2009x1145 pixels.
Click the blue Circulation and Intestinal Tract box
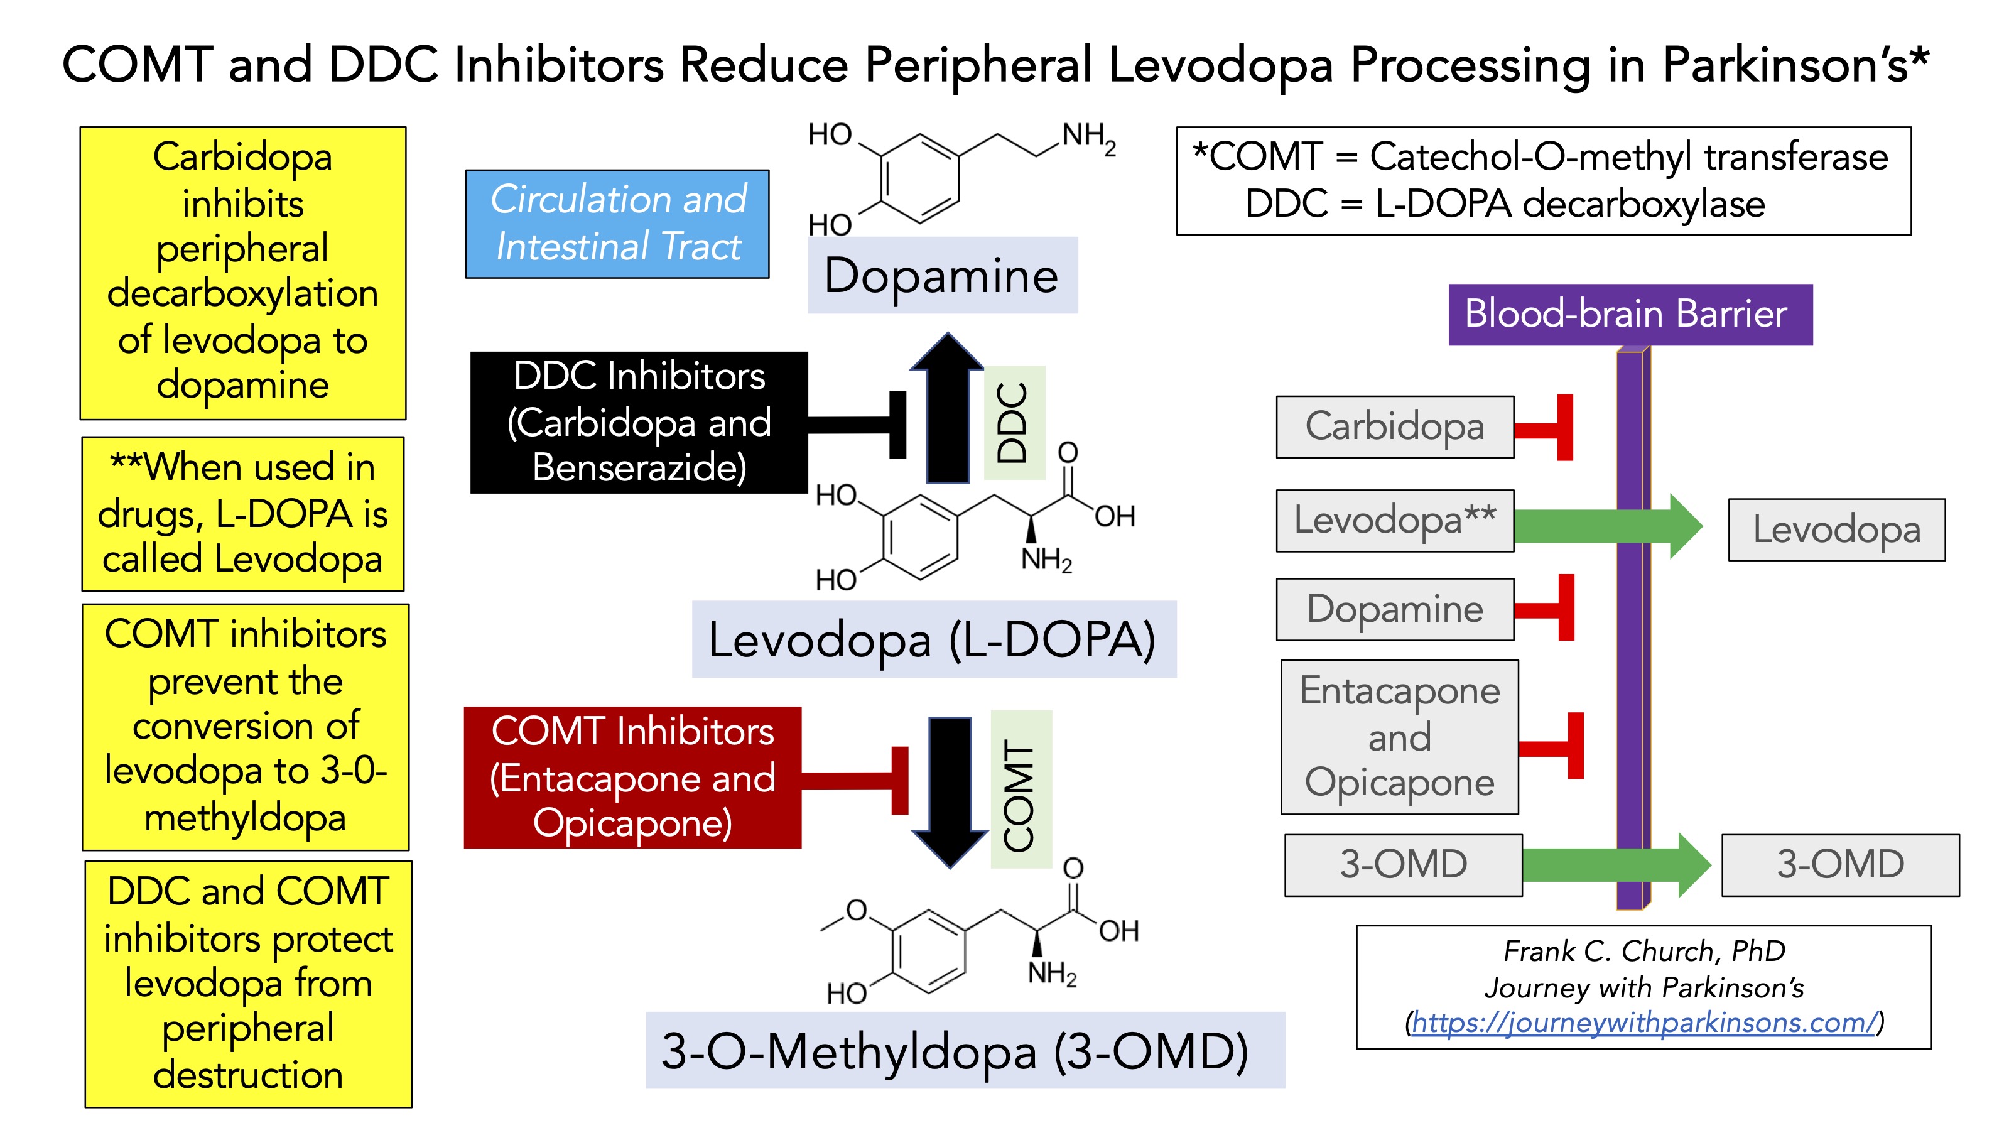click(x=617, y=224)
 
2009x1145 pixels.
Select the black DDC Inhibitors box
click(x=639, y=422)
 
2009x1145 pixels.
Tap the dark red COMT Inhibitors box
click(x=632, y=777)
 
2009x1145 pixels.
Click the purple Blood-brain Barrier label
click(x=1629, y=314)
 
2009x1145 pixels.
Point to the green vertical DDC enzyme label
click(x=1014, y=422)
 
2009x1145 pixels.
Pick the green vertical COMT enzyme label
click(x=1021, y=789)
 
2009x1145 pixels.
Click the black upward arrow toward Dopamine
click(x=948, y=409)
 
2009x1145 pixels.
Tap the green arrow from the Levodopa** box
click(x=1604, y=525)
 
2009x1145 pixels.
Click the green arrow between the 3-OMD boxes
click(x=1612, y=864)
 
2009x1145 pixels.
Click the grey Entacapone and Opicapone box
click(x=1399, y=737)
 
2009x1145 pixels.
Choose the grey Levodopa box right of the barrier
click(x=1836, y=529)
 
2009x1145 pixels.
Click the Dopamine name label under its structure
click(x=942, y=275)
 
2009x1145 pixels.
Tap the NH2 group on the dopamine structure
click(x=1088, y=138)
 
